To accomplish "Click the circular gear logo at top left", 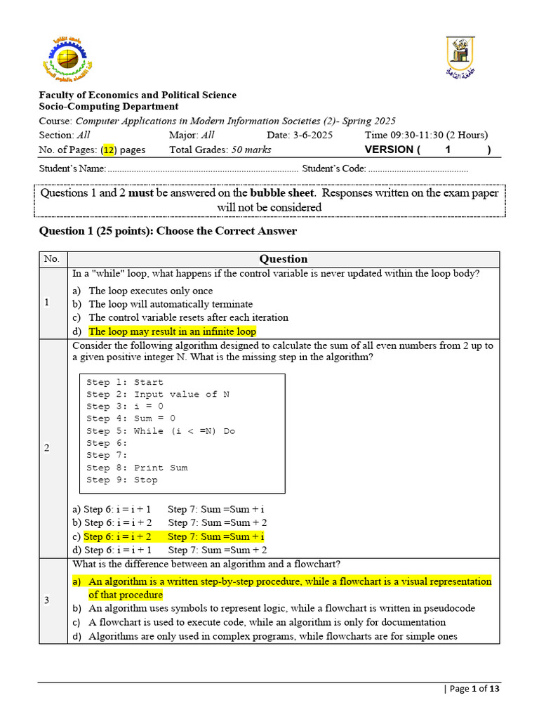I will pyautogui.click(x=65, y=58).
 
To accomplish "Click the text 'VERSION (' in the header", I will pyautogui.click(x=392, y=150).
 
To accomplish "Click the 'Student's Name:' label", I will pyautogui.click(x=72, y=169).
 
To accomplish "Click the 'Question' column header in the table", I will pyautogui.click(x=283, y=259).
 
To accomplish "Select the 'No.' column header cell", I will pyautogui.click(x=52, y=259).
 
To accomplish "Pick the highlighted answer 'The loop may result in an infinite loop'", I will pyautogui.click(x=172, y=331).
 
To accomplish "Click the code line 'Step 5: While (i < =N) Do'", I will pyautogui.click(x=161, y=431).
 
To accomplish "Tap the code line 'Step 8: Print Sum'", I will pyautogui.click(x=137, y=468).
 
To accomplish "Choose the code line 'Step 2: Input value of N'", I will pyautogui.click(x=158, y=395).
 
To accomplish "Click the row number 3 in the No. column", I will pyautogui.click(x=47, y=600).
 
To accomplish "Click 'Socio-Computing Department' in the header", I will pyautogui.click(x=109, y=107).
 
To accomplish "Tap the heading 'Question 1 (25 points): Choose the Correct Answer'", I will pyautogui.click(x=168, y=231).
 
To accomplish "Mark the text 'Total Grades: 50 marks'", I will pyautogui.click(x=220, y=150).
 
